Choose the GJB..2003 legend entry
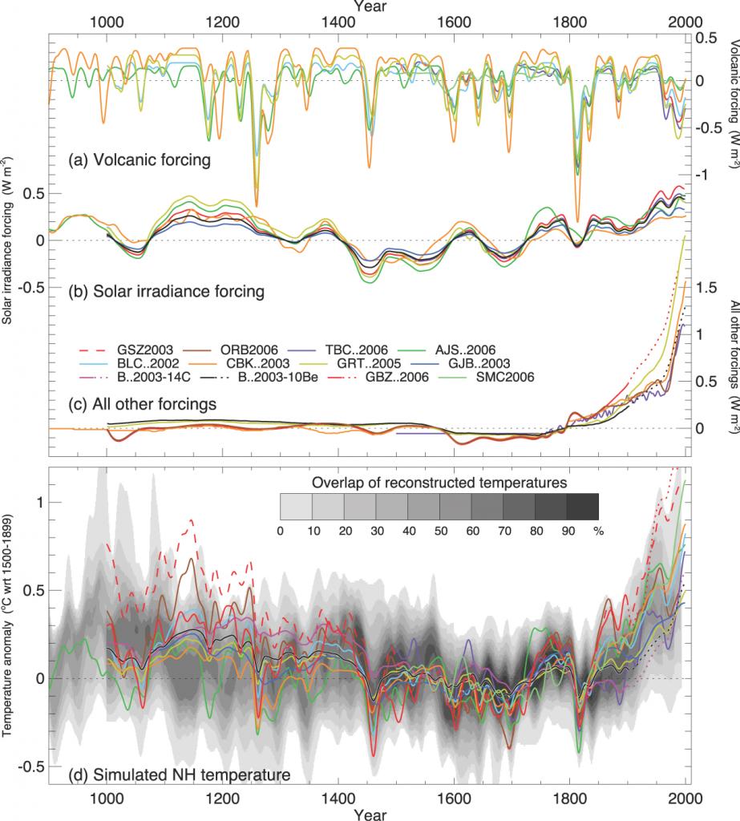click(x=607, y=362)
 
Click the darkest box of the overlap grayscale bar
click(x=583, y=507)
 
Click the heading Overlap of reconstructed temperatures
click(x=439, y=483)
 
